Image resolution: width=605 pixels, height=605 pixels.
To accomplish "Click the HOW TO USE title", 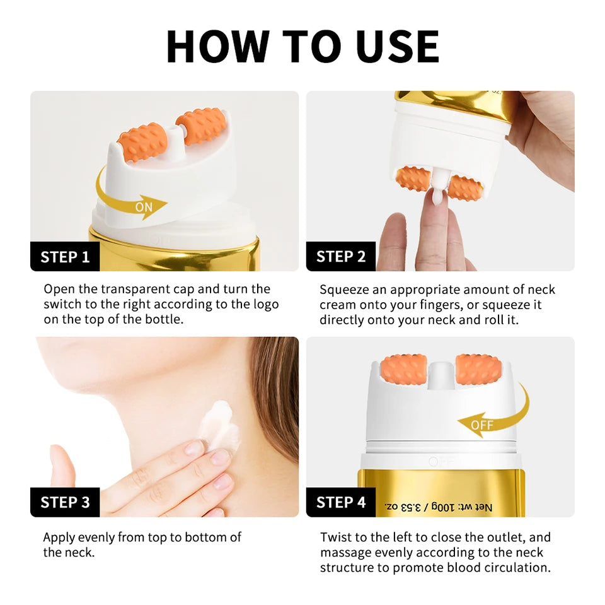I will coord(302,46).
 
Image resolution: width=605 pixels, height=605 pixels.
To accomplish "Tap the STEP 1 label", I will coord(65,257).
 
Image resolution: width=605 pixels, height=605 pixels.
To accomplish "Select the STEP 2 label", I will coord(340,256).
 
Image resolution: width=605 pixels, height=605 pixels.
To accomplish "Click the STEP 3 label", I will coord(65,502).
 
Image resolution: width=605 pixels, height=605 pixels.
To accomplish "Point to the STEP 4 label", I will coord(340,502).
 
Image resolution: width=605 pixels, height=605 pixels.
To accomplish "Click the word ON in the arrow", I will coord(144,206).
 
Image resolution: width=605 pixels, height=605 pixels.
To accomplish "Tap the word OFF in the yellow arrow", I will coord(482,425).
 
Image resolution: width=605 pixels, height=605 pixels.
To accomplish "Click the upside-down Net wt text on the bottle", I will coord(434,507).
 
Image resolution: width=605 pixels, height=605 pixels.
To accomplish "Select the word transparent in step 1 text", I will coord(137,289).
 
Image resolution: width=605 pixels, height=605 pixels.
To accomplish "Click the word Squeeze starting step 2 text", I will coord(344,290).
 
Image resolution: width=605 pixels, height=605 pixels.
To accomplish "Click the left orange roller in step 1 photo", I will coord(142,142).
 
